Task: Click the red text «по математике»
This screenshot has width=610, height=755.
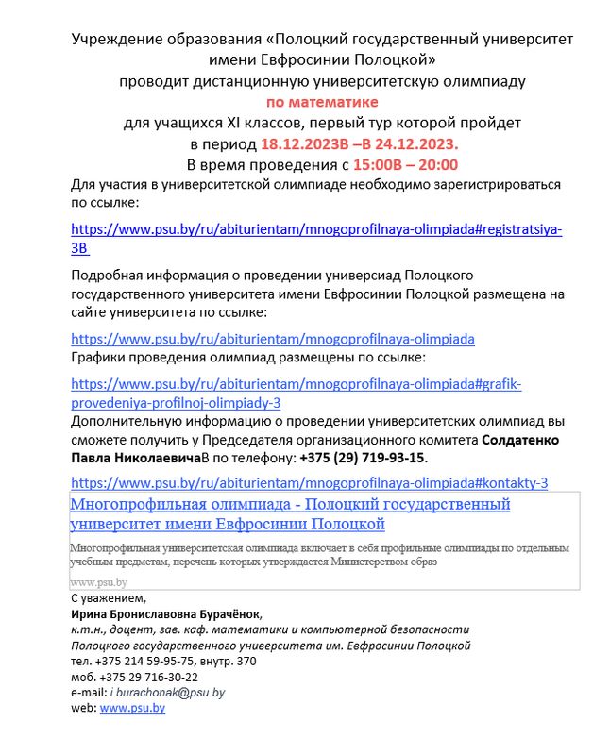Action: coord(322,101)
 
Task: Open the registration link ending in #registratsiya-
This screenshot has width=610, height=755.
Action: coord(316,229)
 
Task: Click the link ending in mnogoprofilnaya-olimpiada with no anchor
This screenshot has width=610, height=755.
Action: coord(273,338)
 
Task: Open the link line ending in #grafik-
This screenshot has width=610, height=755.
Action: coord(296,384)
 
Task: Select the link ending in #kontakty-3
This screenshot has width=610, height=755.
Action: coord(310,482)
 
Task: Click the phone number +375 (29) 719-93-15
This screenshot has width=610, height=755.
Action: coord(363,458)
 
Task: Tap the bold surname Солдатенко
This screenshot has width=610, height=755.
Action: coord(521,441)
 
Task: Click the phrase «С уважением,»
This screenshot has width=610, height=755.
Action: coord(110,599)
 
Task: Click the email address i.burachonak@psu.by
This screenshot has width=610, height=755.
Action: coord(167,693)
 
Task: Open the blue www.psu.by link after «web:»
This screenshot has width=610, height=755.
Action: coord(132,708)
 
